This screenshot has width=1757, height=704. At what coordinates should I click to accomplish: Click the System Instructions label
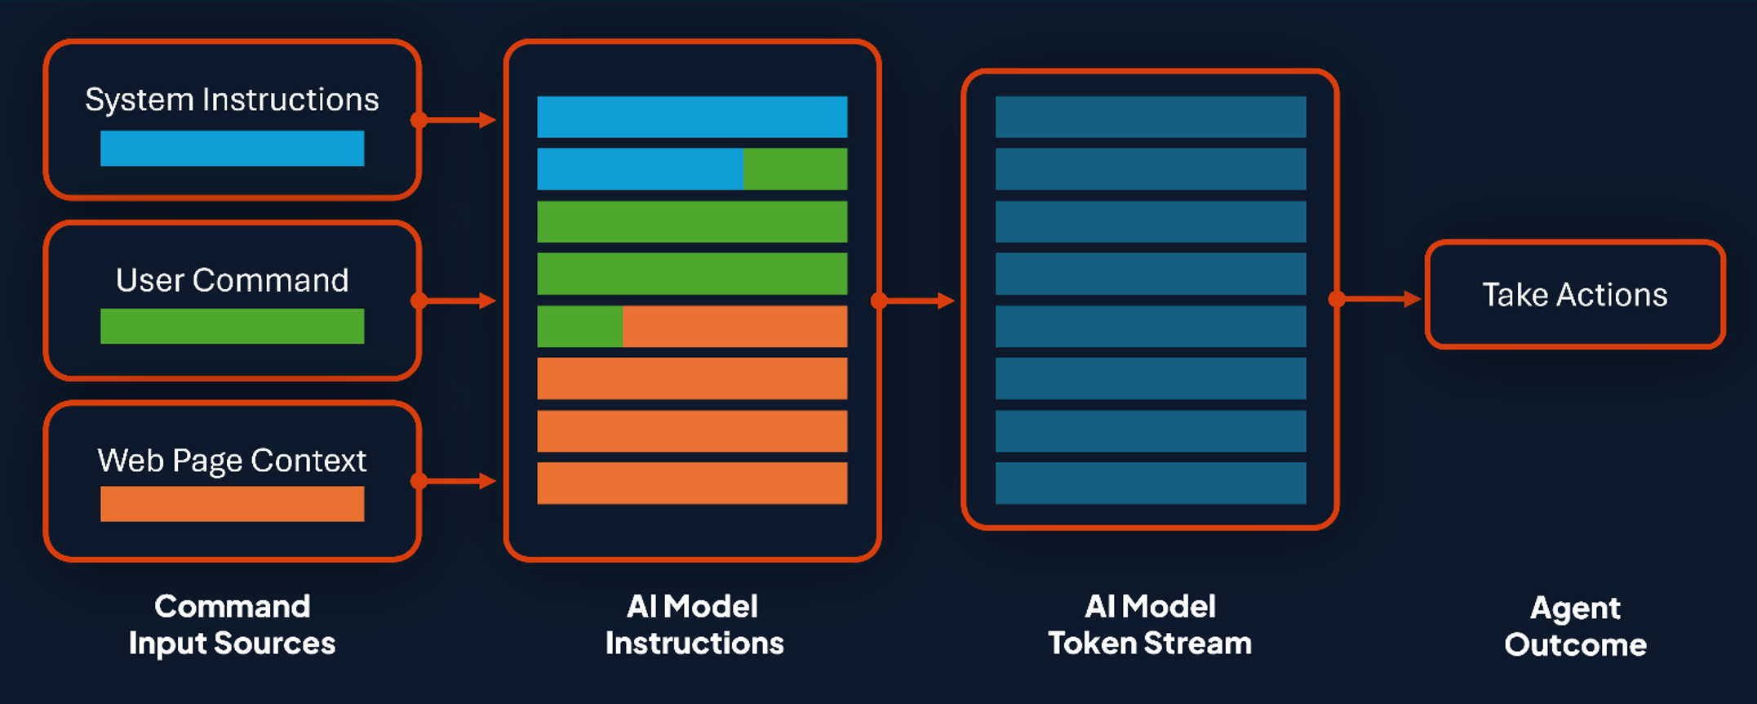pyautogui.click(x=232, y=100)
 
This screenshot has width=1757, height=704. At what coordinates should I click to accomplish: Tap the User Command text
pyautogui.click(x=232, y=280)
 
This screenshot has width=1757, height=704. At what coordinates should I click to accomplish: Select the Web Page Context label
pyautogui.click(x=232, y=461)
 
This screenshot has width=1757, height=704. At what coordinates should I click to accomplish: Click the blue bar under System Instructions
pyautogui.click(x=232, y=149)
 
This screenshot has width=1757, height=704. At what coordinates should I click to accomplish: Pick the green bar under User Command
pyautogui.click(x=232, y=326)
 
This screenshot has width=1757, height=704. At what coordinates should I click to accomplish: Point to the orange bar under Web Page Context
pyautogui.click(x=232, y=504)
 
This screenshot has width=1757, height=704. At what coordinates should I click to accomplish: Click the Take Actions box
pyautogui.click(x=1575, y=294)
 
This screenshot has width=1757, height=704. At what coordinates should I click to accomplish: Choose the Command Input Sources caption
pyautogui.click(x=232, y=625)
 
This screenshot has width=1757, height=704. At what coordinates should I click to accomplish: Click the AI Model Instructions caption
pyautogui.click(x=694, y=625)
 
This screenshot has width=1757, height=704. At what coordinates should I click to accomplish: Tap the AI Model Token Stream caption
pyautogui.click(x=1150, y=625)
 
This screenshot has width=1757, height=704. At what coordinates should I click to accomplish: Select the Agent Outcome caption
pyautogui.click(x=1575, y=626)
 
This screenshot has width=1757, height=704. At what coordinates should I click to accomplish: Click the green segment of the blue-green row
pyautogui.click(x=795, y=169)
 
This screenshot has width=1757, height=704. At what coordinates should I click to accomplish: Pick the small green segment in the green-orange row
pyautogui.click(x=580, y=327)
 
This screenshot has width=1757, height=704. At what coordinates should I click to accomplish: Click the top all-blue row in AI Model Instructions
pyautogui.click(x=692, y=117)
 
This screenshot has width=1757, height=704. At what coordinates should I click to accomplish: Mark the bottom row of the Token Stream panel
pyautogui.click(x=1151, y=483)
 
